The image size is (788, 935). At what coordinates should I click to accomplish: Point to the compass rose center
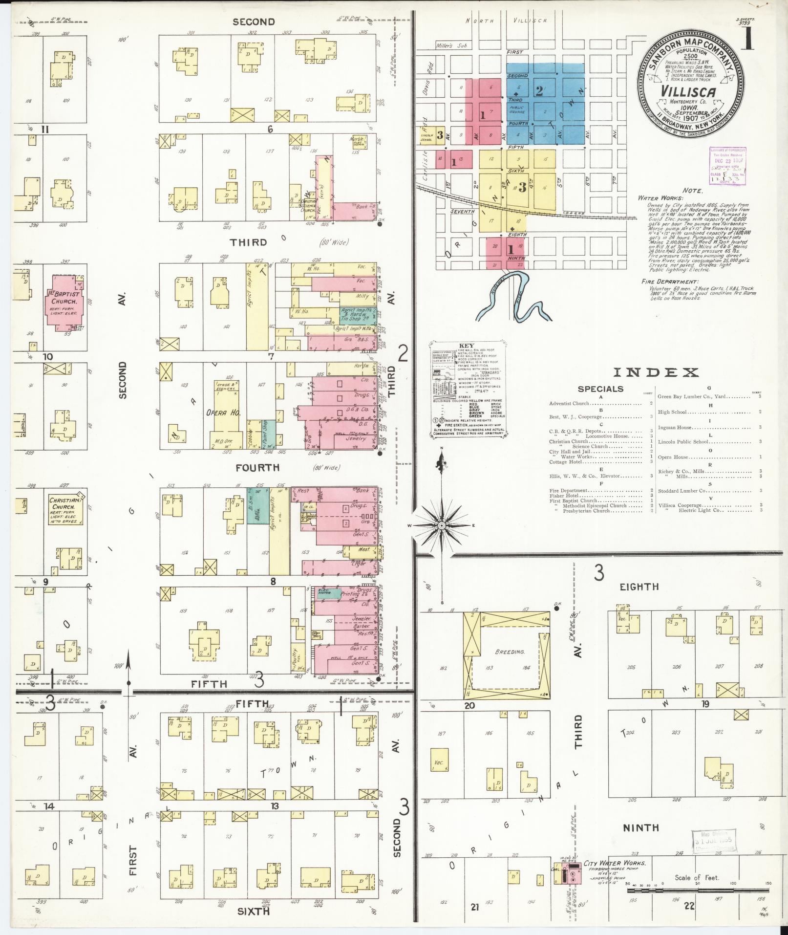pyautogui.click(x=441, y=525)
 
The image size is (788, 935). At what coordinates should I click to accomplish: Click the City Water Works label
pyautogui.click(x=615, y=863)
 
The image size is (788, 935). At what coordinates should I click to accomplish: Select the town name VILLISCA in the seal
pyautogui.click(x=689, y=92)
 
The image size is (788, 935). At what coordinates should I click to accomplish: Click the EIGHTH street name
pyautogui.click(x=639, y=587)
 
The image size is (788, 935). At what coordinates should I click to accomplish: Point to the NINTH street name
pyautogui.click(x=640, y=827)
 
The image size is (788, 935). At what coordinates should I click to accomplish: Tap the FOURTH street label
pyautogui.click(x=257, y=468)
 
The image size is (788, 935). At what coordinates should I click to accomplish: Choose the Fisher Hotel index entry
pyautogui.click(x=565, y=496)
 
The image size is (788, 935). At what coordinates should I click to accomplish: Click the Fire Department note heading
pyautogui.click(x=670, y=282)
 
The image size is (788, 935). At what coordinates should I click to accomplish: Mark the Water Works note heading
pyautogui.click(x=660, y=198)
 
